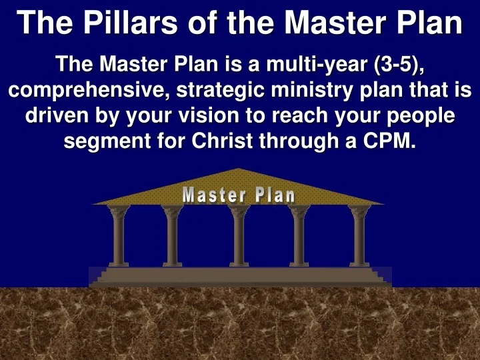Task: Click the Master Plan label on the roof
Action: tap(239, 195)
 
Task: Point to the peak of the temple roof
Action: tap(238, 171)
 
